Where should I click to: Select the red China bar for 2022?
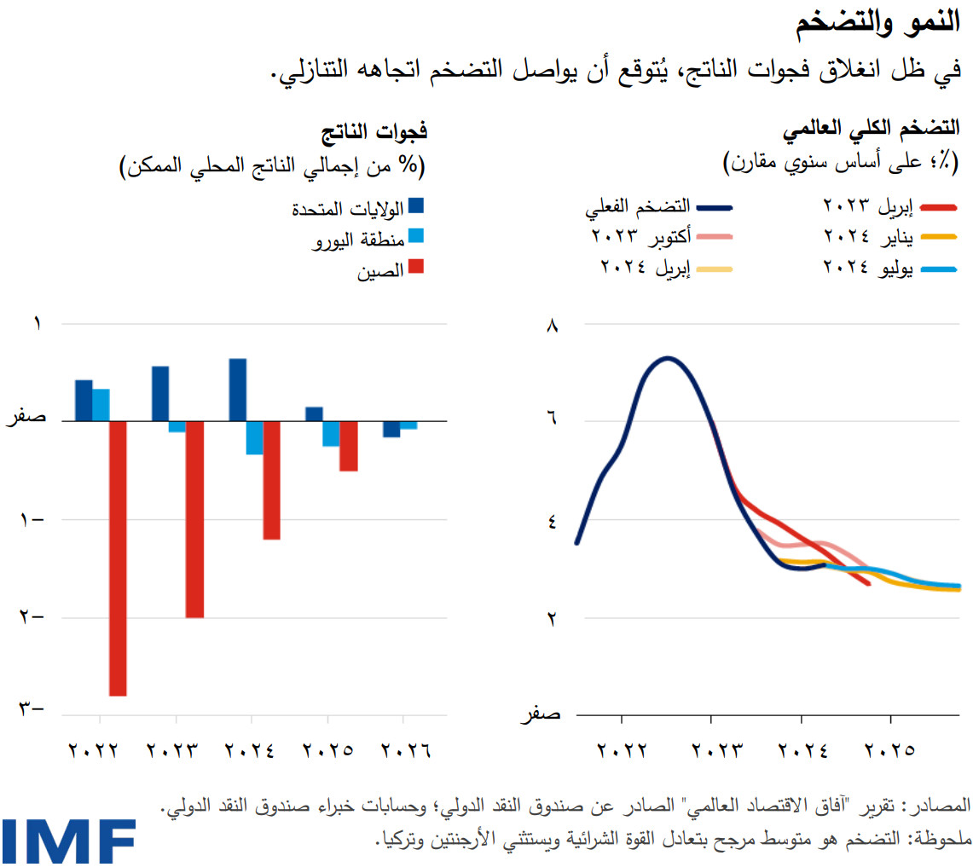click(118, 558)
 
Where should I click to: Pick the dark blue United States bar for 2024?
click(238, 390)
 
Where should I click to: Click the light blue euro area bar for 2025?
click(331, 433)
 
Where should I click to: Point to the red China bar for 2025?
click(348, 445)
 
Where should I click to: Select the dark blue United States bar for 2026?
click(391, 429)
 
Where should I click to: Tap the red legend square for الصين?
click(416, 268)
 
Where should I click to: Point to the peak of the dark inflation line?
click(668, 358)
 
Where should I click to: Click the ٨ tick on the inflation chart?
click(551, 325)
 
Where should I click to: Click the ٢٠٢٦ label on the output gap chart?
click(405, 751)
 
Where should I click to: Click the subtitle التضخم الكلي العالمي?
click(871, 130)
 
